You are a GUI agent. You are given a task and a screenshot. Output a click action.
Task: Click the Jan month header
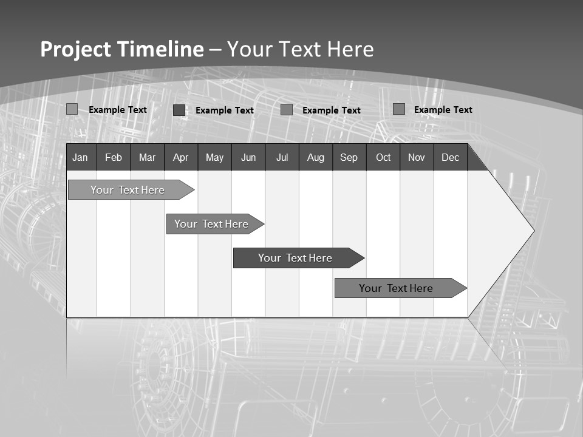coord(80,157)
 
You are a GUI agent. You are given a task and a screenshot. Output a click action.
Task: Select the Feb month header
coord(114,157)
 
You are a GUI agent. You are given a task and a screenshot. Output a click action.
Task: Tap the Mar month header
coord(147,157)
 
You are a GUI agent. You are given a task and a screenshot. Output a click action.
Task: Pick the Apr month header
coord(181,157)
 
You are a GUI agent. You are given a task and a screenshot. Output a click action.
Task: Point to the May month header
coord(214,157)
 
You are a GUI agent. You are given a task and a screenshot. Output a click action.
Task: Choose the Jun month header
coord(248,157)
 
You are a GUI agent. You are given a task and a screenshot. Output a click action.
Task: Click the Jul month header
coord(282,157)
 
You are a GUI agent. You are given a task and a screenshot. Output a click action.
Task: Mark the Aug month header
coord(316,157)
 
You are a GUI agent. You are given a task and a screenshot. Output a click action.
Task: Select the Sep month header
coord(349,157)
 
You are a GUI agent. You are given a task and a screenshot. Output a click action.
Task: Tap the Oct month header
coord(383,157)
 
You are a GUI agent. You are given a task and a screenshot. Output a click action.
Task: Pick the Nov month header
coord(417,157)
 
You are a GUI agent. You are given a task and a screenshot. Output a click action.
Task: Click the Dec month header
coord(451,157)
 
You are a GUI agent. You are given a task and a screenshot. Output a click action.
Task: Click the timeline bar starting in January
coord(128,190)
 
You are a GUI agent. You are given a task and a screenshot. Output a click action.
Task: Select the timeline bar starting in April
coord(211,224)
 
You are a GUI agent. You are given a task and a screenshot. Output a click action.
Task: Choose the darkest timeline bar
coord(295,258)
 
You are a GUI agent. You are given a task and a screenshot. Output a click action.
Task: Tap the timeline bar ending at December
coord(396,288)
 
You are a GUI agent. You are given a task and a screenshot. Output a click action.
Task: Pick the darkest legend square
coord(179,110)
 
